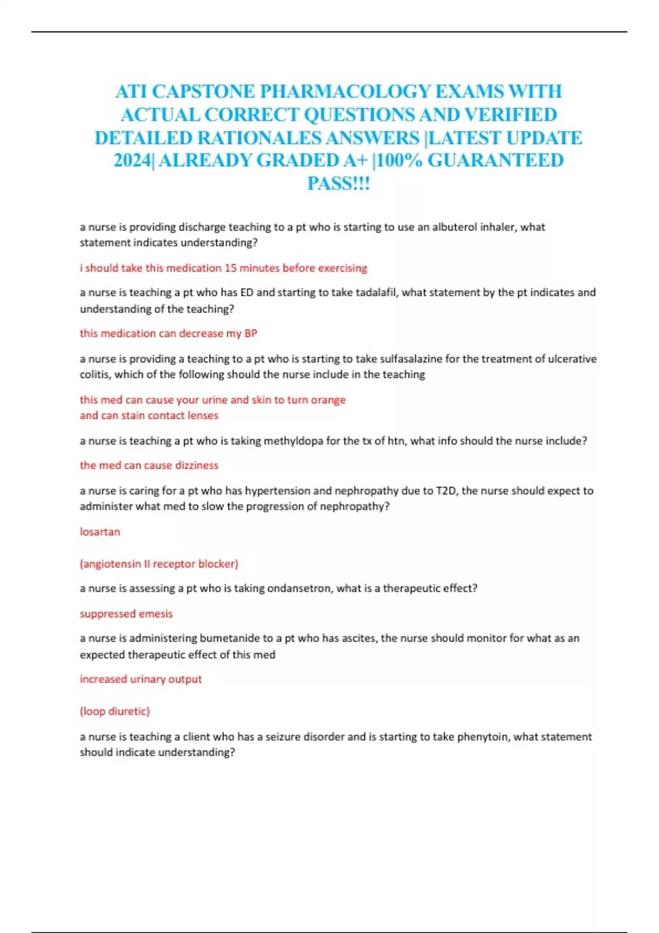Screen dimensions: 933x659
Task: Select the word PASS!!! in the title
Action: (339, 183)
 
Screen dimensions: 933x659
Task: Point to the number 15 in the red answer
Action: (230, 268)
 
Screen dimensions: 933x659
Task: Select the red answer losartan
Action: (100, 532)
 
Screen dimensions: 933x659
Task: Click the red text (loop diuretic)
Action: (115, 711)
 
